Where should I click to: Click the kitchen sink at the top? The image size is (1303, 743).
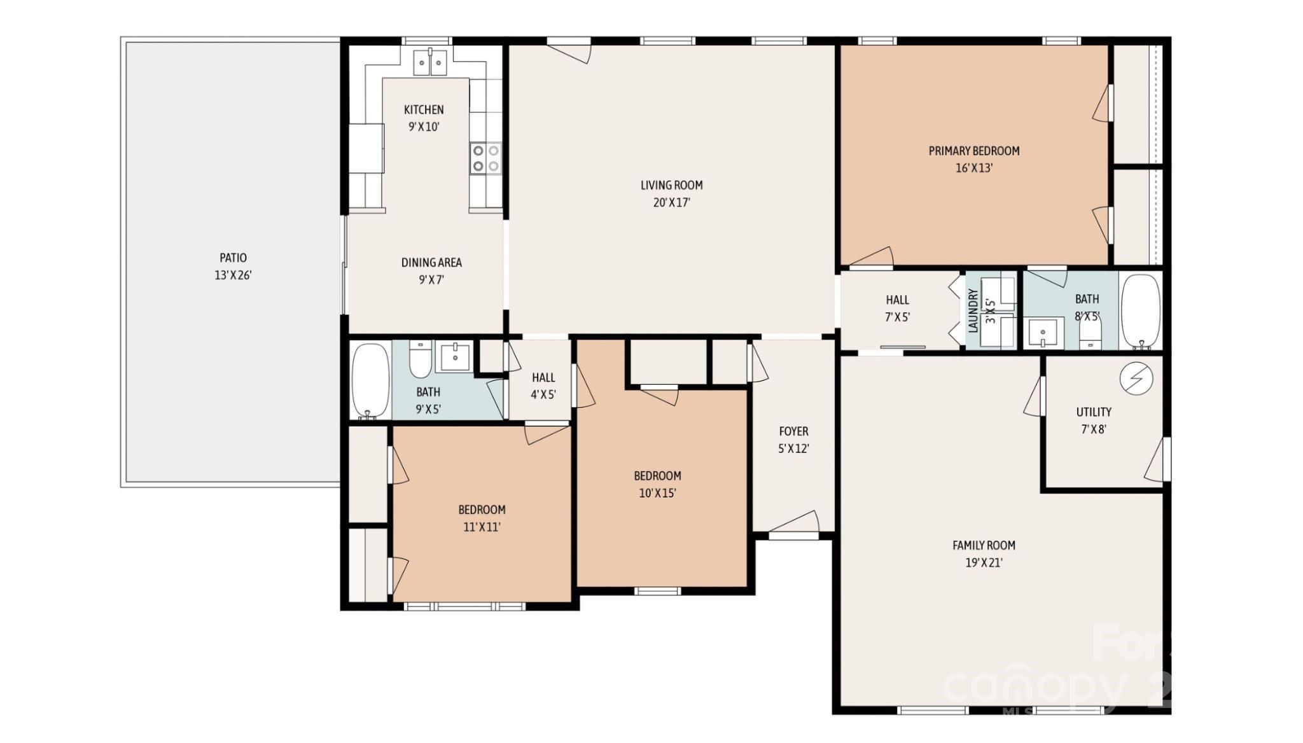(x=430, y=62)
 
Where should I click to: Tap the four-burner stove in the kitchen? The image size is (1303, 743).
(x=485, y=158)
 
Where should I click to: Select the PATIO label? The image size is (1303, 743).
(x=233, y=258)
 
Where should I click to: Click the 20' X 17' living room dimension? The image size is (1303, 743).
(x=671, y=203)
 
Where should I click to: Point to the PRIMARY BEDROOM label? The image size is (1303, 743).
(x=973, y=151)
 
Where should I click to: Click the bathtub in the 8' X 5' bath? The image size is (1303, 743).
(x=1140, y=312)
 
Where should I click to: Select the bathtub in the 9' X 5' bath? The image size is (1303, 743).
(x=370, y=380)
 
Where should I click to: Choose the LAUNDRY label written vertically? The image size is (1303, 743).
(x=972, y=310)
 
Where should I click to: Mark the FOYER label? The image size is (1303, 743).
(x=793, y=431)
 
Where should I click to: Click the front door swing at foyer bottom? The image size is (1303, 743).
(x=795, y=523)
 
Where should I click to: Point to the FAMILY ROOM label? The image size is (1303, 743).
(x=984, y=545)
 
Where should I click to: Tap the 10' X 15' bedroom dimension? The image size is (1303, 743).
(x=657, y=493)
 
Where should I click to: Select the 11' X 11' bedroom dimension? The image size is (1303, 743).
(x=482, y=527)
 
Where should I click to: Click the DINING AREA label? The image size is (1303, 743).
(x=431, y=262)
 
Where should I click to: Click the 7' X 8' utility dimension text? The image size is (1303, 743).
(x=1094, y=429)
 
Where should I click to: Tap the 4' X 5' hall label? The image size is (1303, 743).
(x=543, y=386)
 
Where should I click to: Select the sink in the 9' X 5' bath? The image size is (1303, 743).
(x=455, y=357)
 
